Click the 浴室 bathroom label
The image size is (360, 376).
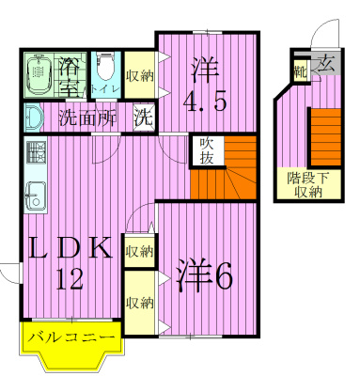point(68,76)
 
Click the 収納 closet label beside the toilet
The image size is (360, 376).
point(138,75)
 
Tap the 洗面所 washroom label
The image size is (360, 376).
point(87,118)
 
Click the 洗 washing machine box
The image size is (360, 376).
point(144,118)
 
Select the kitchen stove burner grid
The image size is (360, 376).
point(35,151)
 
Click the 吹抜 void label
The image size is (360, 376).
point(208,151)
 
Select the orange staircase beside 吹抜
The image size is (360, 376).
point(234,169)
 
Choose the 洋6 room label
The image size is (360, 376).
point(204,274)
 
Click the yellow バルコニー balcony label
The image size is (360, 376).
point(70,336)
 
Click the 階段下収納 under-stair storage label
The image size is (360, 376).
point(306,184)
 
